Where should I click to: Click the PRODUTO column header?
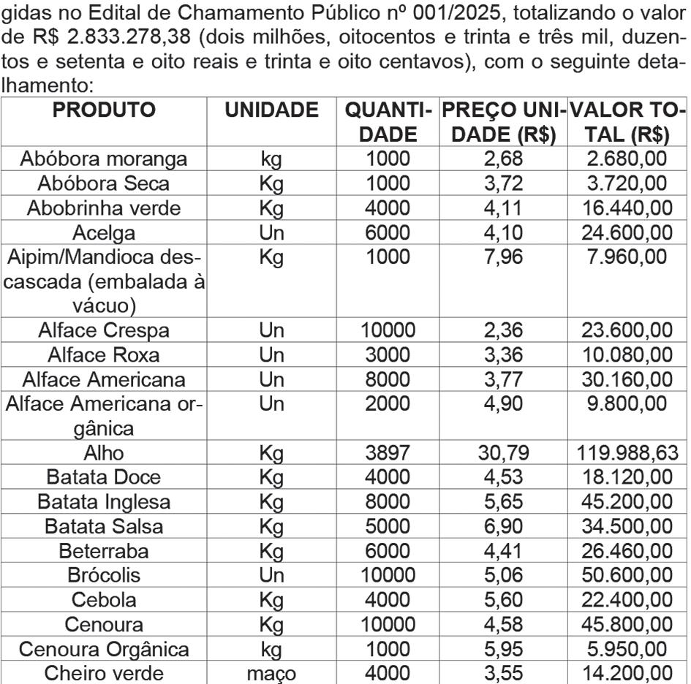coord(105,110)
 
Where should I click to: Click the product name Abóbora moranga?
coord(104,159)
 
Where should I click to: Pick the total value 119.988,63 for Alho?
coord(627,454)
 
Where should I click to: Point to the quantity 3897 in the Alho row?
coord(389,454)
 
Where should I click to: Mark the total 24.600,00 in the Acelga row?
coord(627,233)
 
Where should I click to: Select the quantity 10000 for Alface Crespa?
coord(389,331)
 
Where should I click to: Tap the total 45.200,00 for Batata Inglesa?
coord(627,503)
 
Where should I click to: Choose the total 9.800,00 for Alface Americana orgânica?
coord(627,405)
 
